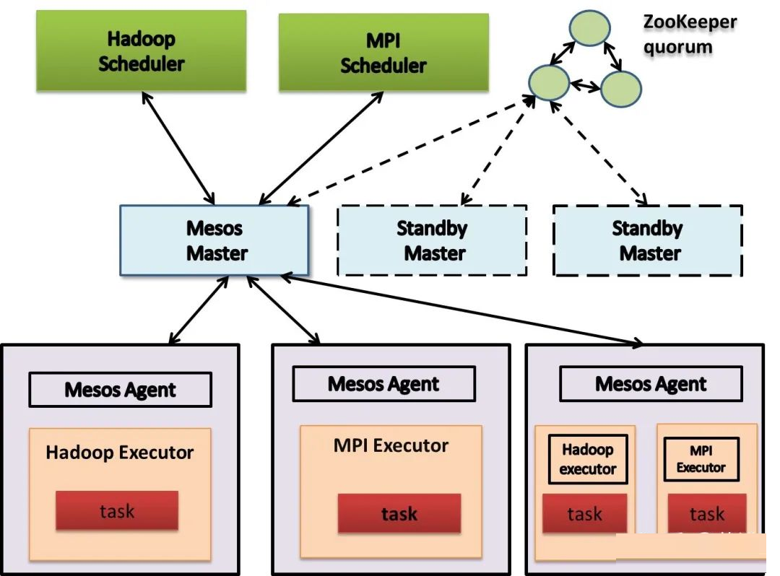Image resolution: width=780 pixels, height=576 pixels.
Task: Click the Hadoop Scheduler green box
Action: pyautogui.click(x=142, y=51)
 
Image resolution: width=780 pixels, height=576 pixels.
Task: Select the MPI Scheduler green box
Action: pyautogui.click(x=383, y=52)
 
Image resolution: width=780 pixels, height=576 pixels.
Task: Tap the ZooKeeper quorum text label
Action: pyautogui.click(x=690, y=35)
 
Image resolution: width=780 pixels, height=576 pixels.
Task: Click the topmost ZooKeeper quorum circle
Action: pyautogui.click(x=589, y=28)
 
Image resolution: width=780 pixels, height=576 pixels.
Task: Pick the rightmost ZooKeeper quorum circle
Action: pyautogui.click(x=621, y=89)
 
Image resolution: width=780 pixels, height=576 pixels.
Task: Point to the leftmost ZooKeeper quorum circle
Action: pyautogui.click(x=549, y=82)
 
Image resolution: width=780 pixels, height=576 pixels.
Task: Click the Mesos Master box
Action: pyautogui.click(x=214, y=240)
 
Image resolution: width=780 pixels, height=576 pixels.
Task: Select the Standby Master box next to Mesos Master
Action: pyautogui.click(x=432, y=240)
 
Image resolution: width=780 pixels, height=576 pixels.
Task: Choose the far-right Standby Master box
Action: pyautogui.click(x=648, y=240)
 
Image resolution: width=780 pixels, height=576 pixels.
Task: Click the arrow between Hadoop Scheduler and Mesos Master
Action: pyautogui.click(x=178, y=148)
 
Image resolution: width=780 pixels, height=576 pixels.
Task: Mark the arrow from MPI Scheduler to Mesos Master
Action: pyautogui.click(x=321, y=148)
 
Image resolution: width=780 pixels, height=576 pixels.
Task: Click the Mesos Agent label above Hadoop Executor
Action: pyautogui.click(x=121, y=390)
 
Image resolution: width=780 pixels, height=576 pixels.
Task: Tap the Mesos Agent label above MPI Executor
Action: pyautogui.click(x=383, y=384)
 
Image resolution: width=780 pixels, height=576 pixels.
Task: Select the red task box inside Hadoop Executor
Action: pyautogui.click(x=117, y=510)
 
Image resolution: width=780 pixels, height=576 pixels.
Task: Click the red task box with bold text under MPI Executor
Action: pyautogui.click(x=399, y=513)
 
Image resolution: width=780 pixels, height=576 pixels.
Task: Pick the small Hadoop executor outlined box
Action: pyautogui.click(x=588, y=459)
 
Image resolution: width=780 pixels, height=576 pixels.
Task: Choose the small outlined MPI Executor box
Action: pyautogui.click(x=701, y=459)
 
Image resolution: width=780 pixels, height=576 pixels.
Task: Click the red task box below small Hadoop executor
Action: pyautogui.click(x=584, y=513)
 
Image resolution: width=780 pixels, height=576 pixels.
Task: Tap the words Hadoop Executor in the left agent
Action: pyautogui.click(x=120, y=453)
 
